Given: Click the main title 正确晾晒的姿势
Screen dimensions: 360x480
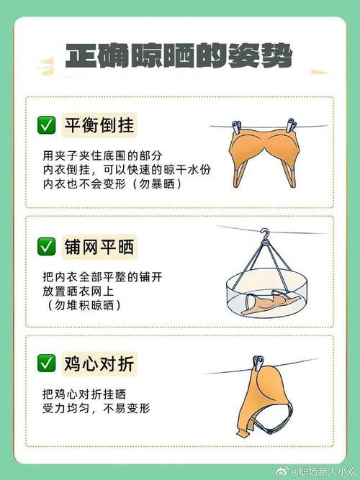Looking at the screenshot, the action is pyautogui.click(x=179, y=56).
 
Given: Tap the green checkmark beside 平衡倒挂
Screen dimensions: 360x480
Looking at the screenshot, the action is pyautogui.click(x=47, y=125).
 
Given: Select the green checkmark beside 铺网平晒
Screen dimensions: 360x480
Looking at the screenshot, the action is pyautogui.click(x=47, y=246).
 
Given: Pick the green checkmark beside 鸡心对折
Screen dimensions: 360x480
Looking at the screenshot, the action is pyautogui.click(x=47, y=363).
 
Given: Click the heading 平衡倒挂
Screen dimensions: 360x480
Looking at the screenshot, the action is pyautogui.click(x=99, y=125).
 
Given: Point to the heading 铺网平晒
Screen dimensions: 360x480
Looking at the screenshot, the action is pyautogui.click(x=99, y=247).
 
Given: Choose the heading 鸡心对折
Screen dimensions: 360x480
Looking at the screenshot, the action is pyautogui.click(x=99, y=363).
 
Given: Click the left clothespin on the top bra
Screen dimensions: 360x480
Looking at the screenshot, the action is pyautogui.click(x=237, y=127).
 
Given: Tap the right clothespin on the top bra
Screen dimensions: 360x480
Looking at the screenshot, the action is pyautogui.click(x=291, y=125).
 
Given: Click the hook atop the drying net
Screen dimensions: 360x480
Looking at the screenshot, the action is pyautogui.click(x=264, y=237).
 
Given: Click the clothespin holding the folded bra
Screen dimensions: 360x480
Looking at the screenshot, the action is pyautogui.click(x=257, y=363).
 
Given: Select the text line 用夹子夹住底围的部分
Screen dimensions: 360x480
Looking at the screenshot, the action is pyautogui.click(x=102, y=156).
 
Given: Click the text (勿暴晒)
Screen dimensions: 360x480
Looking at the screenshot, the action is pyautogui.click(x=156, y=185).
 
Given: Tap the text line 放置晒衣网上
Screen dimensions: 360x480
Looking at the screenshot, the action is pyautogui.click(x=78, y=291).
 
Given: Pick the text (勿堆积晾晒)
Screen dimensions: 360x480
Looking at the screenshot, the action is pyautogui.click(x=84, y=305).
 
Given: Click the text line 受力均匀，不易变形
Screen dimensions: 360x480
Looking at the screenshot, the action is pyautogui.click(x=96, y=408).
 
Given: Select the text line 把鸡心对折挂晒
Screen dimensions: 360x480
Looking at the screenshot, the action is pyautogui.click(x=84, y=394).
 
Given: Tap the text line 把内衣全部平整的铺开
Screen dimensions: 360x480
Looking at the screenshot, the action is pyautogui.click(x=102, y=277).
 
